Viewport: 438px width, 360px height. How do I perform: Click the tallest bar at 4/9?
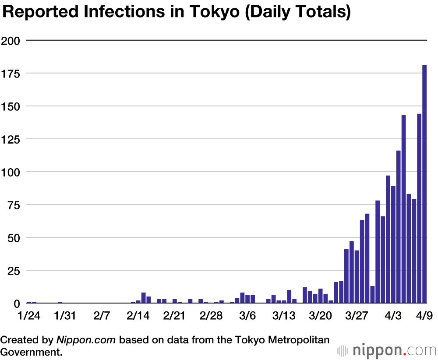click(x=424, y=184)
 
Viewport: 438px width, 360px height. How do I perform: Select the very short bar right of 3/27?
click(x=372, y=295)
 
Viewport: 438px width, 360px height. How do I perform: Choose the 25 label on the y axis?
click(x=14, y=270)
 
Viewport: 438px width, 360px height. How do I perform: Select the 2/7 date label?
click(x=102, y=316)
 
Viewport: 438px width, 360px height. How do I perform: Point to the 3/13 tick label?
click(x=284, y=316)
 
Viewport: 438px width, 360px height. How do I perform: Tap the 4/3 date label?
click(x=393, y=316)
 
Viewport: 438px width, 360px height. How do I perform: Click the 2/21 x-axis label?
click(x=175, y=316)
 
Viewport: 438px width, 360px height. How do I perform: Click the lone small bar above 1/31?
click(x=60, y=302)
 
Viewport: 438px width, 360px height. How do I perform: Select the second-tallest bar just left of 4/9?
click(x=419, y=208)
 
